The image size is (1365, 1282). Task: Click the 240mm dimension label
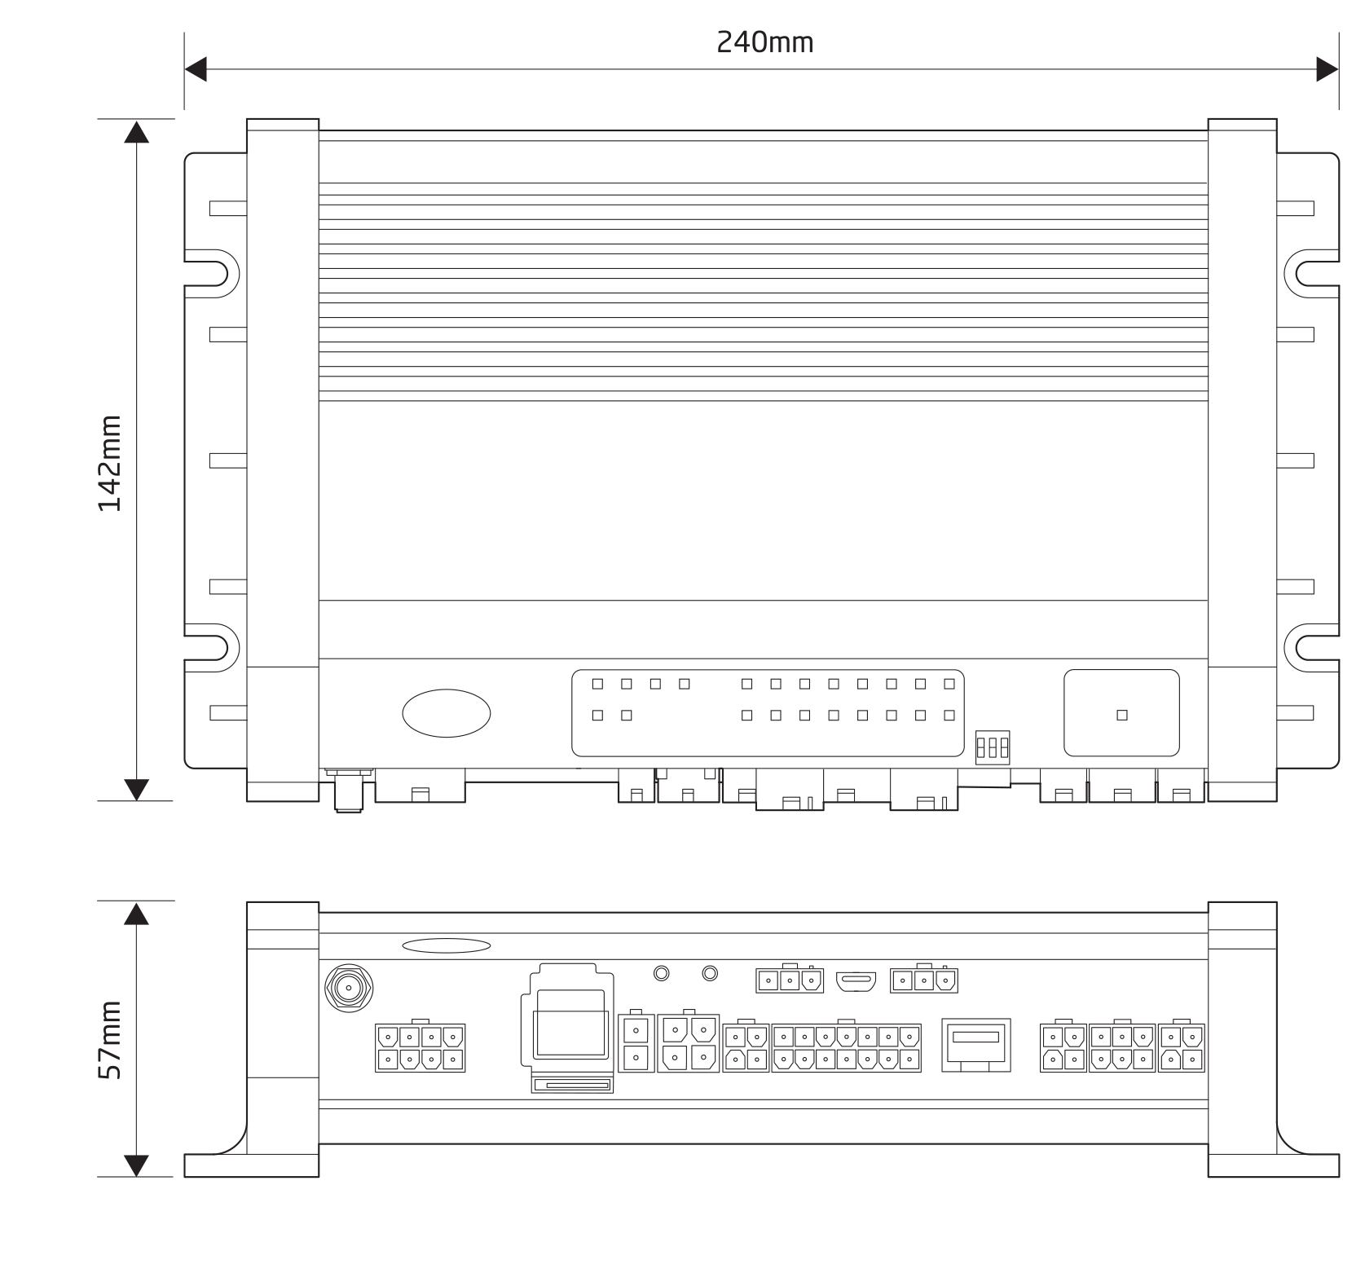tap(764, 42)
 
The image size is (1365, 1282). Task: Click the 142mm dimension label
tap(109, 463)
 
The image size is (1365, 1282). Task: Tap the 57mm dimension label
tap(109, 1040)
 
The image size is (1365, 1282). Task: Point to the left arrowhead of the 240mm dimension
tap(196, 70)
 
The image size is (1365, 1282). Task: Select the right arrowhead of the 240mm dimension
tap(1328, 70)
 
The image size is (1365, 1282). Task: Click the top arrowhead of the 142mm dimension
tap(136, 132)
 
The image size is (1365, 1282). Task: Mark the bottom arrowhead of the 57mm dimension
tap(136, 1165)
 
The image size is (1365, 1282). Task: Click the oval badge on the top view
tap(447, 713)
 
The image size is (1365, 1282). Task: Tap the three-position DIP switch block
tap(993, 747)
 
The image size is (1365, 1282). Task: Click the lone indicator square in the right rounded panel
tap(1122, 715)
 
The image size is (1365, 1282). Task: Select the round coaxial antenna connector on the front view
tap(349, 989)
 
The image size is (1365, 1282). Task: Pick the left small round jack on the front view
tap(662, 973)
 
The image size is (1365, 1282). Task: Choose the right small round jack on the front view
tap(710, 973)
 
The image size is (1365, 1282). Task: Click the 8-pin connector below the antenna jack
tap(420, 1048)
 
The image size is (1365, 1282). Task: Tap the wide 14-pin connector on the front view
tap(846, 1048)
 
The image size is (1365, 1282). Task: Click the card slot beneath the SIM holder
tap(572, 1085)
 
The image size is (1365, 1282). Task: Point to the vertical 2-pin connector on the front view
tap(636, 1043)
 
